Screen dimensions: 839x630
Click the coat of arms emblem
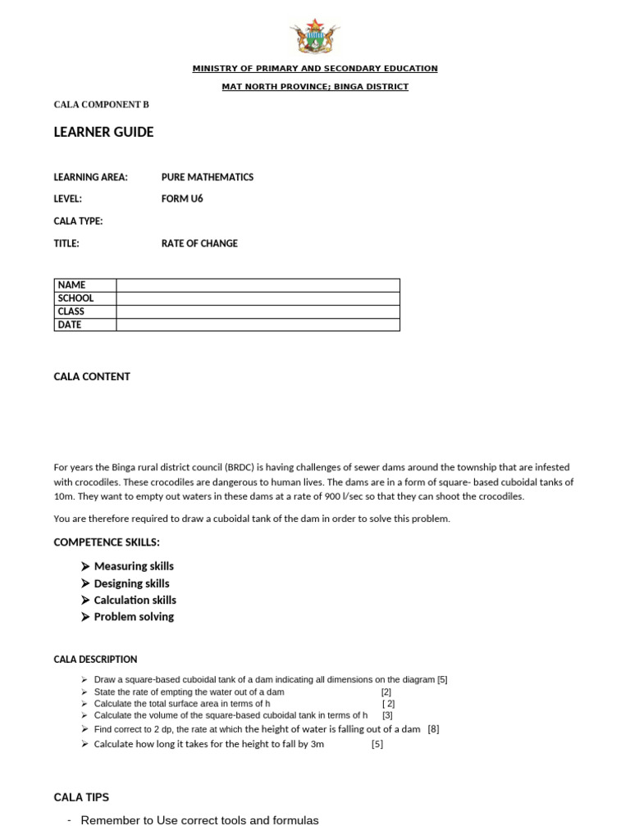point(314,38)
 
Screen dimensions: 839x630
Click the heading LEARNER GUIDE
point(103,132)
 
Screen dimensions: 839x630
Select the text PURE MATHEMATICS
point(208,177)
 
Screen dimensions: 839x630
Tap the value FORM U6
point(182,199)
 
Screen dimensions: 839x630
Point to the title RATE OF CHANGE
point(199,243)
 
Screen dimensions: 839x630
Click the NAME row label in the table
point(72,285)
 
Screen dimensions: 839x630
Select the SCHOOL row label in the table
point(75,298)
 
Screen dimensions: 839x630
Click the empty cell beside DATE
point(258,324)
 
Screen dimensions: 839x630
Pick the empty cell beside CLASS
point(258,311)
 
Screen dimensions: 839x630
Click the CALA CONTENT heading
point(92,377)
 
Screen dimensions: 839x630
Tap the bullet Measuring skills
point(134,566)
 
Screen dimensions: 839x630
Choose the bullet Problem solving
point(134,617)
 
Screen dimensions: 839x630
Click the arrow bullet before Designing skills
point(85,583)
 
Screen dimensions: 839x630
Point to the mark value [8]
point(433,729)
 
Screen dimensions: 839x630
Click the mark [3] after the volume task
point(387,715)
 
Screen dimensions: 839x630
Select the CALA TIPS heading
point(81,797)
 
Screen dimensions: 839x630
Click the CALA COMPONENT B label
point(102,105)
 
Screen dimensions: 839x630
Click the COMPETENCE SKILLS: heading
point(107,542)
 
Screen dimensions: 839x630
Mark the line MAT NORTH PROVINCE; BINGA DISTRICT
point(315,87)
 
